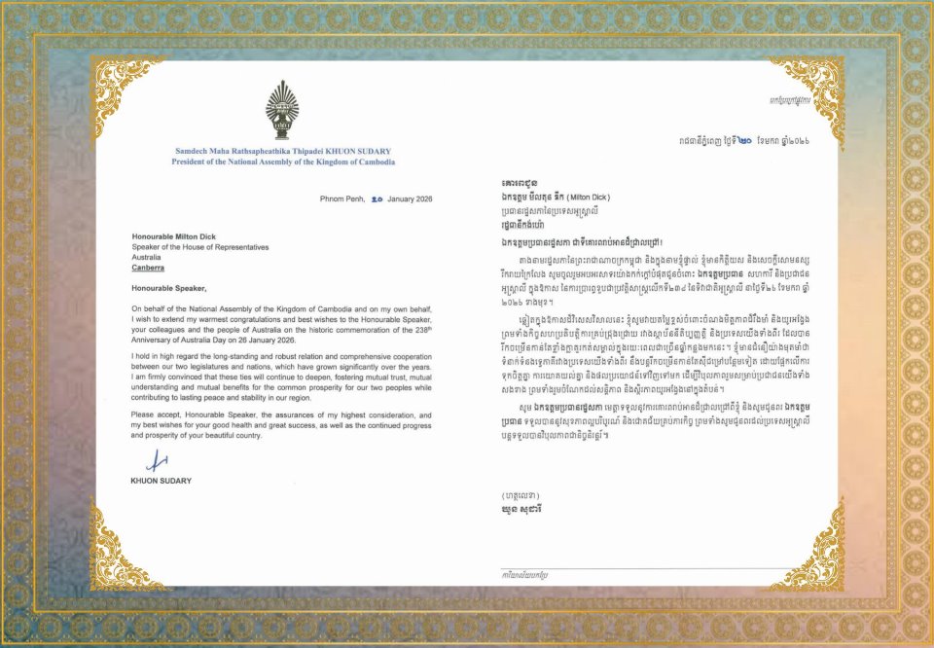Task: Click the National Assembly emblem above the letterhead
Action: click(x=281, y=110)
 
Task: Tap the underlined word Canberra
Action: click(x=148, y=267)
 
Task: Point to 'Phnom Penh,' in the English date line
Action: click(x=341, y=198)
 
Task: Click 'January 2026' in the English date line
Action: click(x=409, y=198)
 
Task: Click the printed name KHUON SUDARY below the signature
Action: click(x=162, y=481)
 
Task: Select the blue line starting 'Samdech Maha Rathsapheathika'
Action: click(x=283, y=152)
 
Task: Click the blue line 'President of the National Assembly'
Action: click(x=283, y=162)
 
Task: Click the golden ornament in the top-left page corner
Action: click(x=121, y=85)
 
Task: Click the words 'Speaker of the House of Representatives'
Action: click(x=199, y=247)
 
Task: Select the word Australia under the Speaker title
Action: click(x=148, y=257)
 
